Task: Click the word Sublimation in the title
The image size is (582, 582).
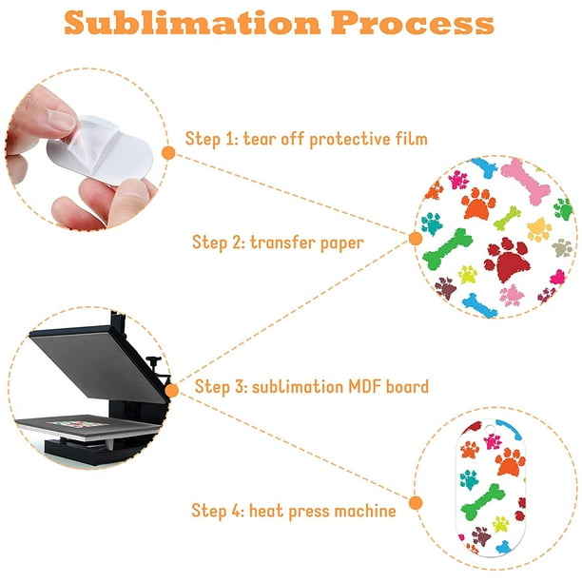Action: (x=192, y=23)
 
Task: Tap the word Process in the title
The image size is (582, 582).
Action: (x=413, y=23)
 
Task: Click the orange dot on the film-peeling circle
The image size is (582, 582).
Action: (x=169, y=153)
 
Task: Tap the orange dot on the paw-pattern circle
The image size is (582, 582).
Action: (x=416, y=239)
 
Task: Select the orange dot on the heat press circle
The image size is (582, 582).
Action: (x=171, y=391)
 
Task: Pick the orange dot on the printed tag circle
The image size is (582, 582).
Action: (x=416, y=503)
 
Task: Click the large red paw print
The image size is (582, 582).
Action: (x=507, y=259)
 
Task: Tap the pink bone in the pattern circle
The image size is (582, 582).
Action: (x=524, y=180)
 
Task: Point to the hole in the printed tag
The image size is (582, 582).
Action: (x=490, y=429)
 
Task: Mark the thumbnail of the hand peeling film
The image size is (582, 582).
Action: (x=62, y=120)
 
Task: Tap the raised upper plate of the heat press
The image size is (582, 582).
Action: (x=98, y=363)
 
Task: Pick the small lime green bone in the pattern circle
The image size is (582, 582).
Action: (x=507, y=218)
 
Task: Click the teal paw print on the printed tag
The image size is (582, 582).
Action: (x=469, y=479)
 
